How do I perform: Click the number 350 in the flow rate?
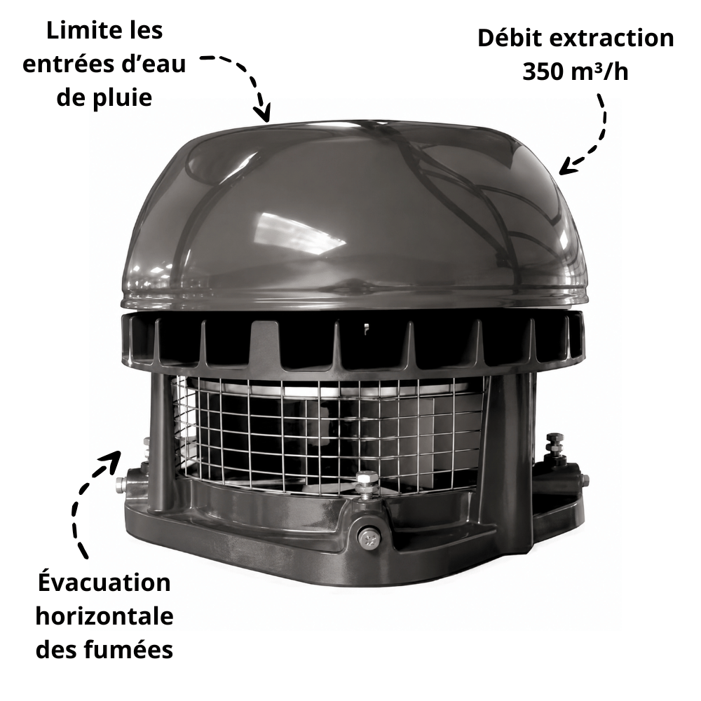pos(543,72)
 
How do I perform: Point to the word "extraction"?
pos(611,39)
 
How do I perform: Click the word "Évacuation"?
pos(104,583)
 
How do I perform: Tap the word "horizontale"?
pos(104,616)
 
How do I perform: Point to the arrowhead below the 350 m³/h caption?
pos(569,166)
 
